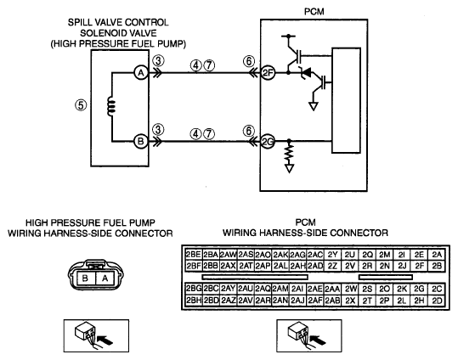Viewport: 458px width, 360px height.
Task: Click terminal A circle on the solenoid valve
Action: coord(141,72)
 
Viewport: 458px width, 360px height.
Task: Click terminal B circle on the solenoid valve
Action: coord(141,142)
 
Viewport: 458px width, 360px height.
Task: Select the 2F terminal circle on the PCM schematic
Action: coord(268,72)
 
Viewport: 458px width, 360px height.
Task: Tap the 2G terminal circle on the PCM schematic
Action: coord(268,142)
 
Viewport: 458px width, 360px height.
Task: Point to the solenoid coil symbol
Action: coord(111,106)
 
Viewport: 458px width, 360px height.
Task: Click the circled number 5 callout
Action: coord(81,104)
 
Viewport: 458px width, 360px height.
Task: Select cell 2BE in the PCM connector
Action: coord(194,255)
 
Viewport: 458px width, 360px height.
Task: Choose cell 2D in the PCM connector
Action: coord(437,301)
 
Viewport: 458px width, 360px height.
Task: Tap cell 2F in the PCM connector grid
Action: coord(419,266)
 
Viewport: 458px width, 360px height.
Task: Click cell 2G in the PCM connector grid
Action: coord(419,289)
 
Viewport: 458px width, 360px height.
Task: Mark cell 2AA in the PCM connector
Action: coord(332,289)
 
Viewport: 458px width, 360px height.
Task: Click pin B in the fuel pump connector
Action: coord(85,278)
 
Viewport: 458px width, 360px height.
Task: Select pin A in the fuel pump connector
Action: coord(105,278)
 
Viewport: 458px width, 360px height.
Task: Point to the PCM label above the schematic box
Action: coord(314,11)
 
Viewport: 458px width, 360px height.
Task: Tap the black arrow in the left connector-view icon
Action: coord(105,340)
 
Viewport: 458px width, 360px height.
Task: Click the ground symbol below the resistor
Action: coord(289,168)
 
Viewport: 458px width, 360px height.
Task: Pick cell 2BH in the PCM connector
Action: coord(194,301)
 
